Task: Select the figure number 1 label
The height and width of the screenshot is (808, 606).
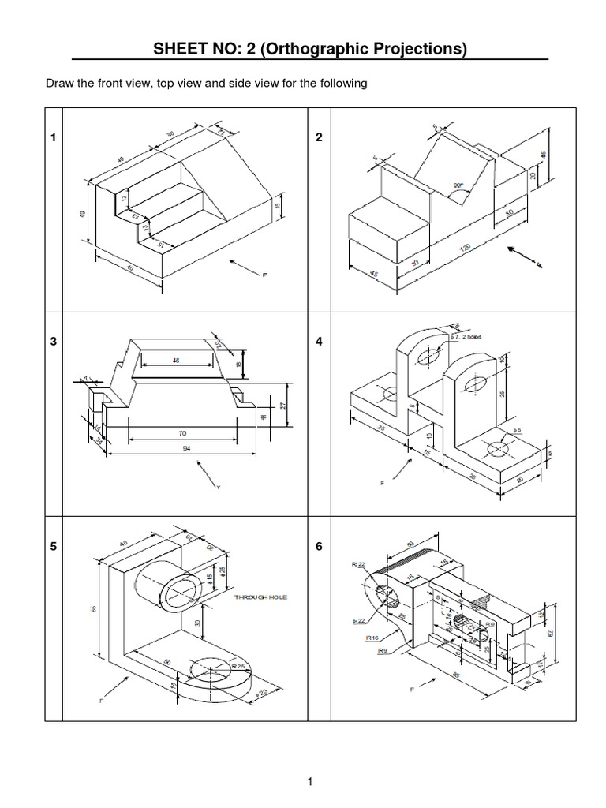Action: pyautogui.click(x=53, y=137)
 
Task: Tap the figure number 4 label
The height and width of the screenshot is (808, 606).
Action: pyautogui.click(x=319, y=342)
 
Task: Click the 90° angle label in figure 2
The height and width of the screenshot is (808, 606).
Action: pyautogui.click(x=458, y=186)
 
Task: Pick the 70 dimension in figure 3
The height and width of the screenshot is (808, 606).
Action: pyautogui.click(x=182, y=433)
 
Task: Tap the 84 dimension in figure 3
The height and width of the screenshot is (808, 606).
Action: pyautogui.click(x=182, y=447)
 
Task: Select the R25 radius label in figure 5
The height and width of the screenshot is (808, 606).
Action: pyautogui.click(x=237, y=667)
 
